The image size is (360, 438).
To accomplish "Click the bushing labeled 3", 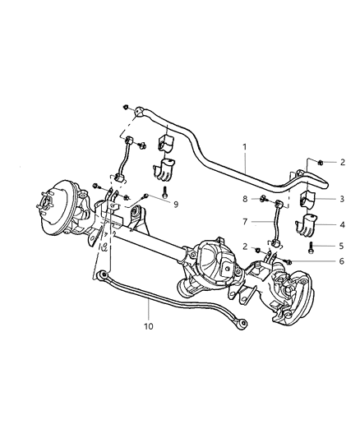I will (304, 201).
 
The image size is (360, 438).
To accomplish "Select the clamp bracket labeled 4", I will (305, 224).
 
